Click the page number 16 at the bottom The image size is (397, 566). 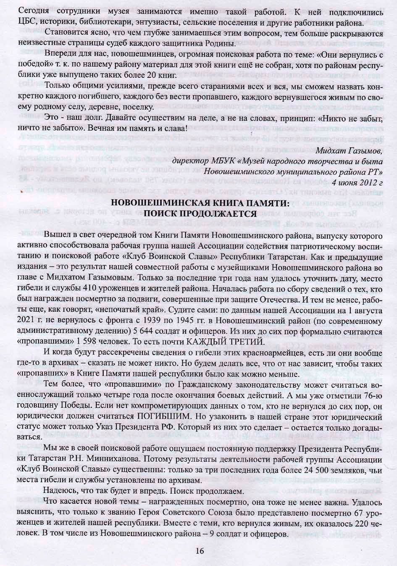click(200, 551)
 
